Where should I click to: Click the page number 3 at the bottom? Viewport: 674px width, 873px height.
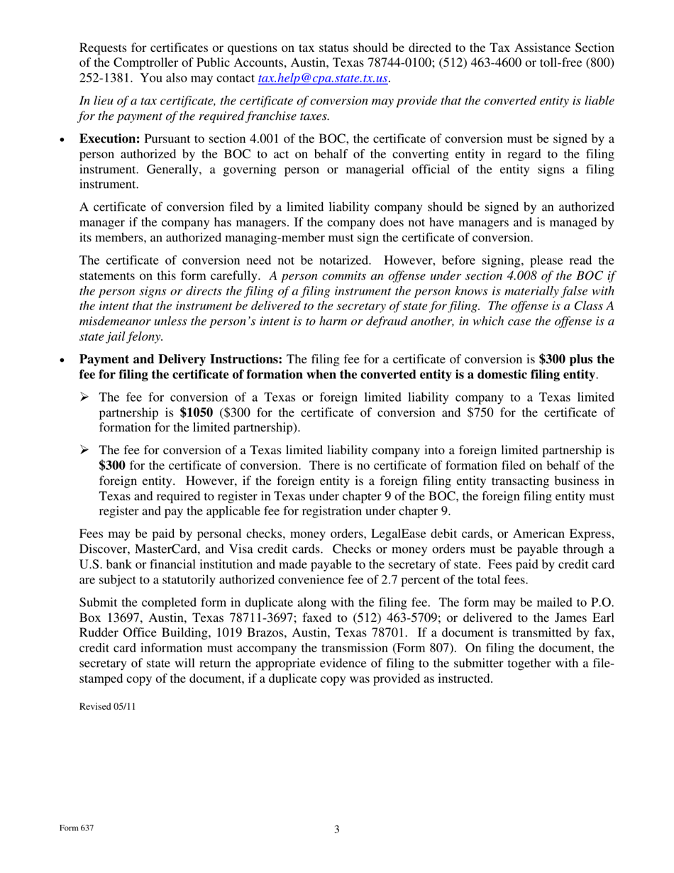tap(337, 830)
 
